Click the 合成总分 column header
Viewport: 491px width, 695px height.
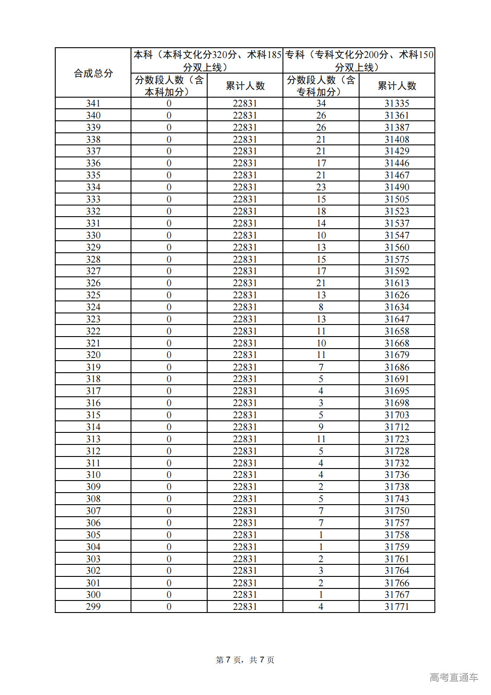point(93,73)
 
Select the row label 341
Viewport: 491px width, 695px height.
point(93,103)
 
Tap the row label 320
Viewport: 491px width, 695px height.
point(93,355)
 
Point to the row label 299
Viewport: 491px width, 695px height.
point(93,606)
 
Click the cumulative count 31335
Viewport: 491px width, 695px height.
point(397,103)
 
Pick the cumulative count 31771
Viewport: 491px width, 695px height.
point(397,606)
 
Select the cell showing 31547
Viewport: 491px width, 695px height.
point(397,235)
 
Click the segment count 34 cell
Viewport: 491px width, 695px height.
point(321,103)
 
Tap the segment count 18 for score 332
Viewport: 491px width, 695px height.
point(321,211)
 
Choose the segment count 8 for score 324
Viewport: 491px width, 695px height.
point(321,307)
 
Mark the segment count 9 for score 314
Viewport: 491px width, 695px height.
point(321,427)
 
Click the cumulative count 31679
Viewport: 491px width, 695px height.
point(397,355)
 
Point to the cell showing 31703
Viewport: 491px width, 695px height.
point(397,415)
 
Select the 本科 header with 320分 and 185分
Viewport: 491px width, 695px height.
point(207,61)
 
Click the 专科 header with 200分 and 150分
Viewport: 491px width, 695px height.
point(359,61)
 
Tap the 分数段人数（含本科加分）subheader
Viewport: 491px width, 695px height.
point(169,86)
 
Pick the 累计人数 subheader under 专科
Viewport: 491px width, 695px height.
point(397,86)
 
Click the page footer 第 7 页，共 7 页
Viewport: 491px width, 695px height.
point(245,660)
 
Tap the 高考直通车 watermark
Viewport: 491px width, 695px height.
point(454,677)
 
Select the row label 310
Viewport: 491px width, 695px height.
point(93,474)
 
